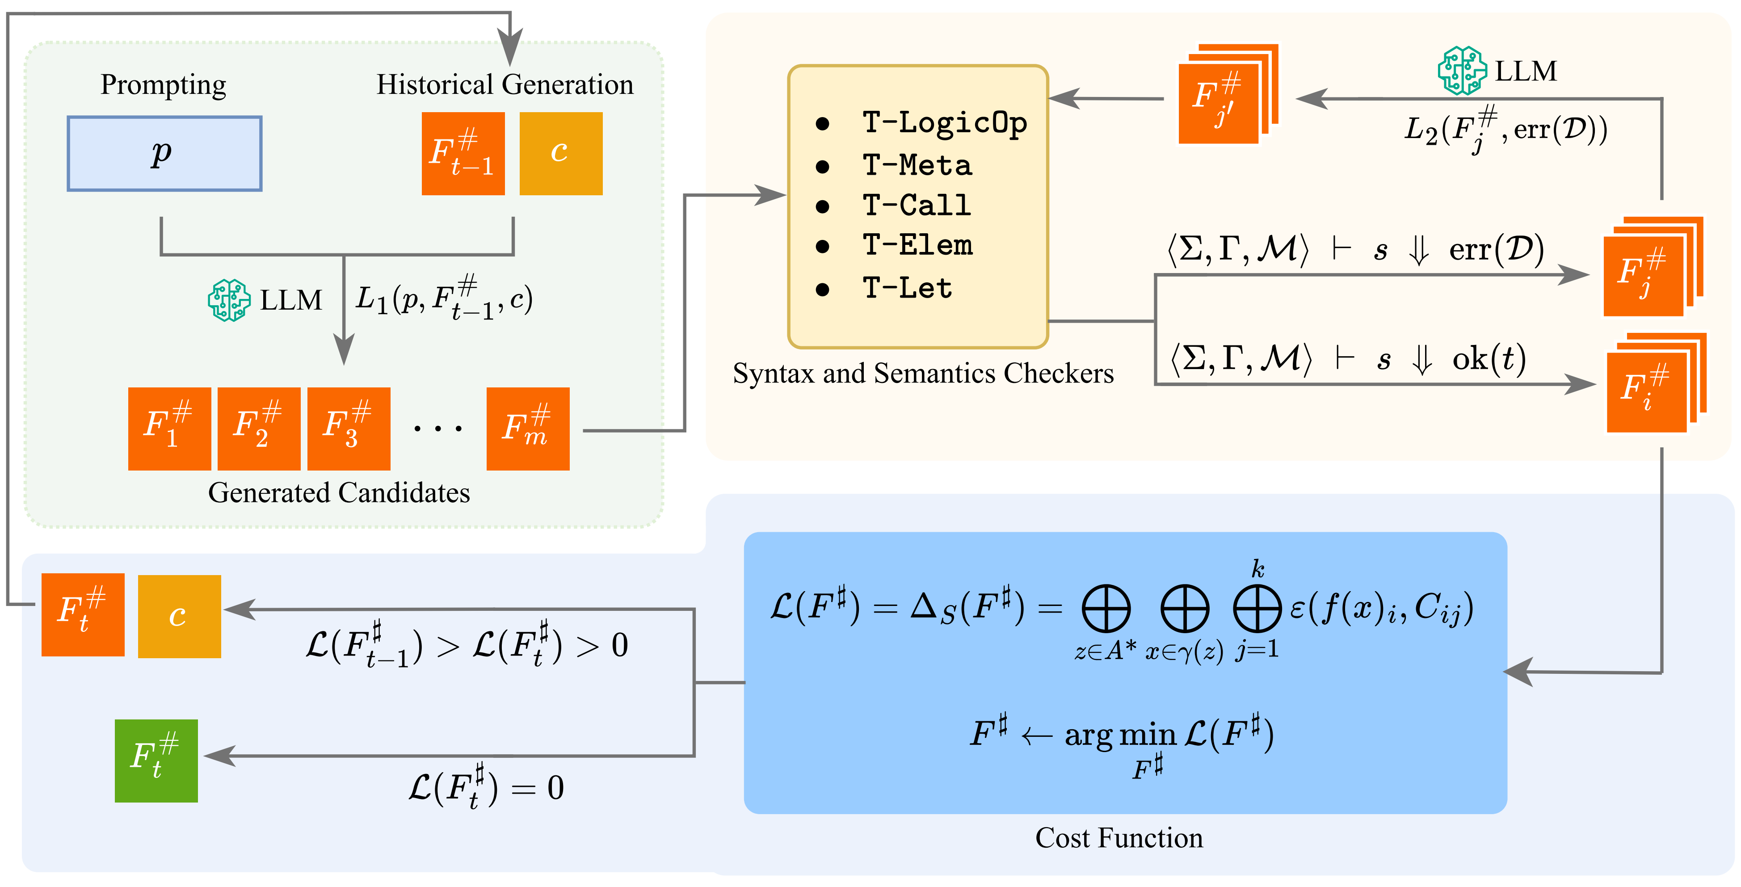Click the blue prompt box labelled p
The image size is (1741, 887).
tap(164, 153)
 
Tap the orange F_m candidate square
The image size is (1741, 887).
tap(528, 429)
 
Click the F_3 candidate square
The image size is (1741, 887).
tap(349, 429)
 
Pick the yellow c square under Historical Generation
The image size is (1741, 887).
tap(560, 153)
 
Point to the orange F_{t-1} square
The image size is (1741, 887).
tap(463, 153)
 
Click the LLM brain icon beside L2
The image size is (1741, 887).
tap(1461, 70)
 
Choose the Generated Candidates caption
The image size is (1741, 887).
tap(339, 493)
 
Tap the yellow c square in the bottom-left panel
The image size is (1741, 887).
tap(179, 616)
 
